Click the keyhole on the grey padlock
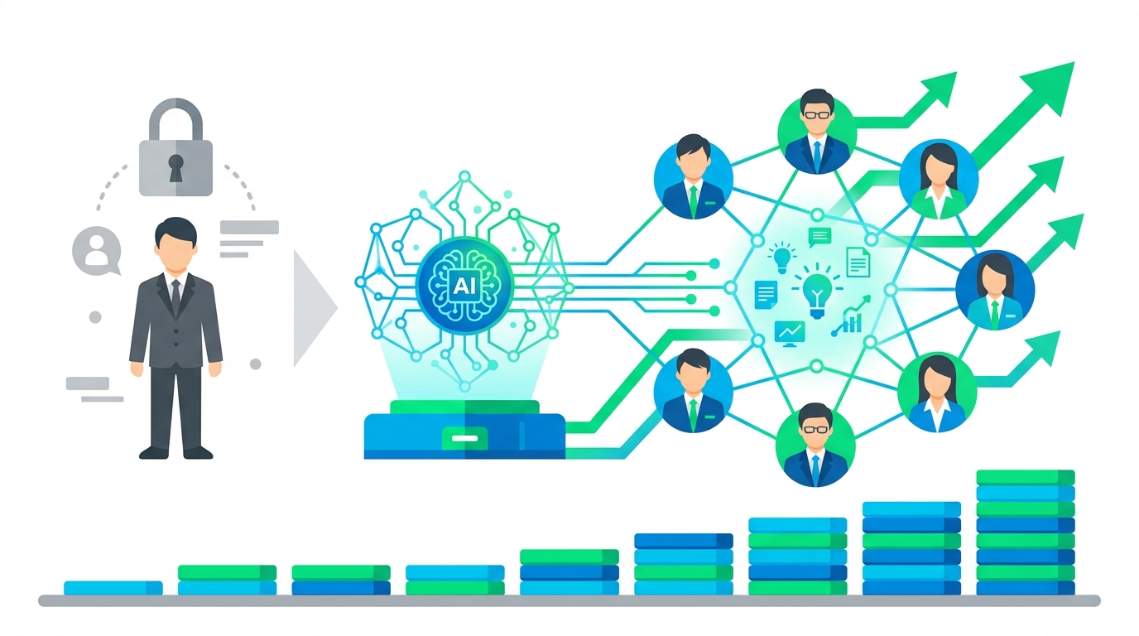point(175,166)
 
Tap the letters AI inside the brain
point(464,284)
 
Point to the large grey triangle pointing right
point(314,307)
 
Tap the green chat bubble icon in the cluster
point(819,238)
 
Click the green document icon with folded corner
point(858,262)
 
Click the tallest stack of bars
point(1025,532)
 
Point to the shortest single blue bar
point(113,587)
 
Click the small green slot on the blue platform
point(464,436)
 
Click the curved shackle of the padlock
point(175,115)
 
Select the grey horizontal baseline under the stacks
point(569,600)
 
